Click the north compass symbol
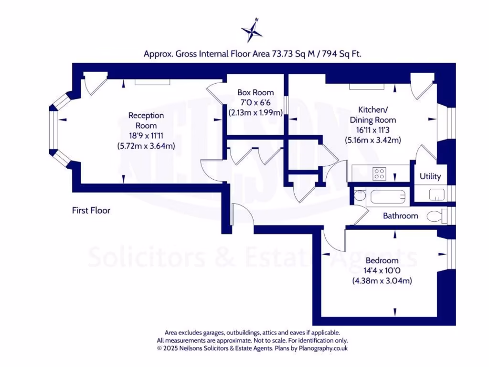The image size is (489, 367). [x=252, y=31]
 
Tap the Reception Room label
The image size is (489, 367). [x=146, y=120]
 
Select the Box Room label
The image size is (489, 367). [x=255, y=92]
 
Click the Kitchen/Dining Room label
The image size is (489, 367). [x=372, y=114]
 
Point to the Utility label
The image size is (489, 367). [x=430, y=176]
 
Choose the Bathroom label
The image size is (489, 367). [x=400, y=216]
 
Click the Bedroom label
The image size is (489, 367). [x=382, y=260]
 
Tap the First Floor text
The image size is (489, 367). [x=91, y=210]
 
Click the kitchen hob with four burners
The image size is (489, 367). [x=380, y=173]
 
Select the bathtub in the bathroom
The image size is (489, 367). [x=387, y=196]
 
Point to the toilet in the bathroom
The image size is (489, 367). [x=436, y=216]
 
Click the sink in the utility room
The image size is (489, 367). [x=436, y=194]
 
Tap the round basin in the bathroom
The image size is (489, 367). [x=359, y=195]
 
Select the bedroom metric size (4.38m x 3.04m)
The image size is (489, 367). [x=382, y=281]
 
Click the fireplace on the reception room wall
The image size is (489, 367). [x=152, y=82]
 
